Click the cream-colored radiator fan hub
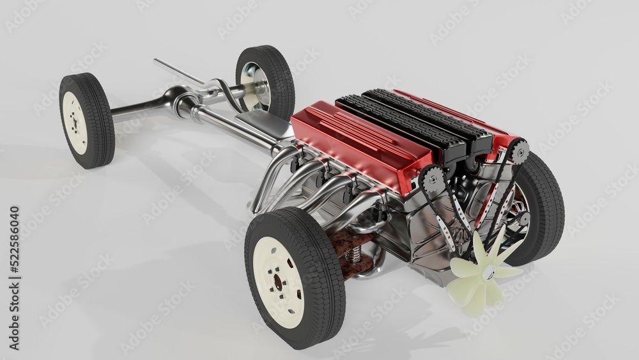tap(488, 274)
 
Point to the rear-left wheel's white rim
tap(75, 122)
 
